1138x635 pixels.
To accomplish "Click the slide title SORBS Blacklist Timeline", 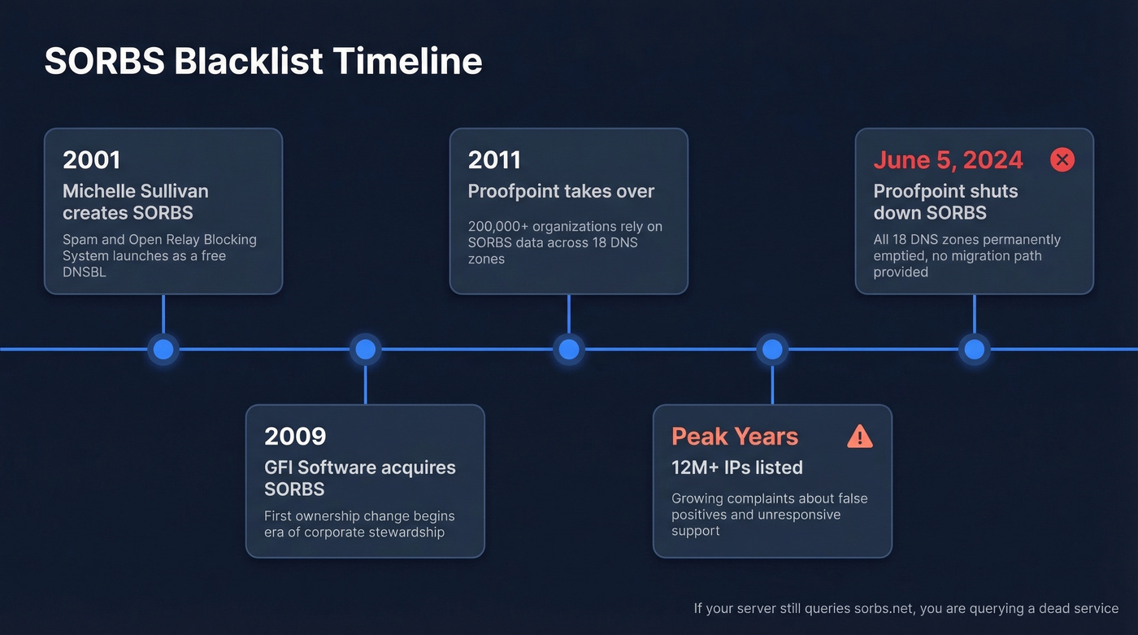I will click(x=263, y=62).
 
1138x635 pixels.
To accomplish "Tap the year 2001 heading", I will click(x=91, y=160).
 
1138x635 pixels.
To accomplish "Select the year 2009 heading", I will click(x=295, y=436).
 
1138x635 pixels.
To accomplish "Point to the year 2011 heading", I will click(x=494, y=160).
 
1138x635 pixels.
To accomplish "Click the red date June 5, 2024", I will click(x=948, y=160).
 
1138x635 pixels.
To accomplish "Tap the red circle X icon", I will click(x=1062, y=159).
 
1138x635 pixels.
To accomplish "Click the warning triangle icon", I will click(x=859, y=437).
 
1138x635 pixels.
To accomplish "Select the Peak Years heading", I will click(x=735, y=436).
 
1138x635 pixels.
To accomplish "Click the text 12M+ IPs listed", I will click(x=736, y=468).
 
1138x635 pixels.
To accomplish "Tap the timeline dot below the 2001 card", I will click(x=163, y=350).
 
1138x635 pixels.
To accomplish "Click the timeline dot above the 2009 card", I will click(x=366, y=350).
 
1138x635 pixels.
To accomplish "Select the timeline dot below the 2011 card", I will click(x=569, y=350).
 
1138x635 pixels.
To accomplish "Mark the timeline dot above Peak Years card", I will click(x=771, y=350).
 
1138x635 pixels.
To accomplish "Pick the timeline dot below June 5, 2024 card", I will click(x=974, y=350).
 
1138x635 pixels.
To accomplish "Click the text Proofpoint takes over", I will click(x=561, y=192).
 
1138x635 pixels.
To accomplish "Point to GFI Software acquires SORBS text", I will click(x=359, y=477).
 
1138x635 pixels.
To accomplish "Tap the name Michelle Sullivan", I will click(x=135, y=192).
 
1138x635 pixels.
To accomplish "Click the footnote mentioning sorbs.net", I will click(x=906, y=608).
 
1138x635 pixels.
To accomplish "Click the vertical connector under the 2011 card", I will click(x=569, y=314).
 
